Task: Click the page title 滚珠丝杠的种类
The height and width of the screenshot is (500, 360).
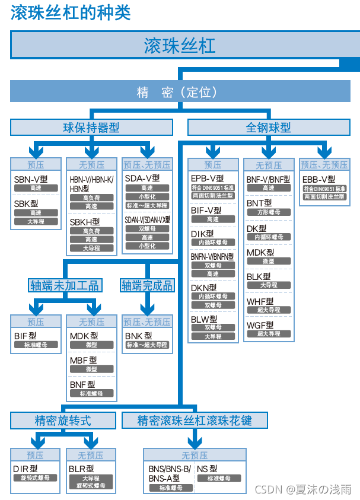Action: click(71, 13)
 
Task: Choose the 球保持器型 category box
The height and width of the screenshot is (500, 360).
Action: click(91, 127)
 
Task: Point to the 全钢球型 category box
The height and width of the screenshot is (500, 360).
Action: click(268, 127)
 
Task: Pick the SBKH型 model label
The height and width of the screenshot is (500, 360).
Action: click(85, 222)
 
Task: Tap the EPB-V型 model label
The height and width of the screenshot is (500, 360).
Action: click(207, 178)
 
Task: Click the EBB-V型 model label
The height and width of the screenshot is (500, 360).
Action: click(318, 179)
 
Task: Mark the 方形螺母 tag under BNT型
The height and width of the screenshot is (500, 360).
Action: click(269, 212)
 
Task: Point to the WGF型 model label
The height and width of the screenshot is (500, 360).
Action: click(260, 325)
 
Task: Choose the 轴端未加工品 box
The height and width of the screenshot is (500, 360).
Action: click(65, 285)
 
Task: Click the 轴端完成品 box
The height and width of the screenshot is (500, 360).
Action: click(148, 285)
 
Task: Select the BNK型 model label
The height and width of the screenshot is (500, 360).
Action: click(139, 336)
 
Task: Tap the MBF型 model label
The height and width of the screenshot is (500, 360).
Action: click(84, 360)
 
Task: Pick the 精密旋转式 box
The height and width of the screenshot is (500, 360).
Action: click(63, 421)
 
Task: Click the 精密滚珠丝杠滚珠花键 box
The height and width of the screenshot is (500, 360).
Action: click(195, 421)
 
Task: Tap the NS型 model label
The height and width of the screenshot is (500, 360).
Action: click(207, 469)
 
